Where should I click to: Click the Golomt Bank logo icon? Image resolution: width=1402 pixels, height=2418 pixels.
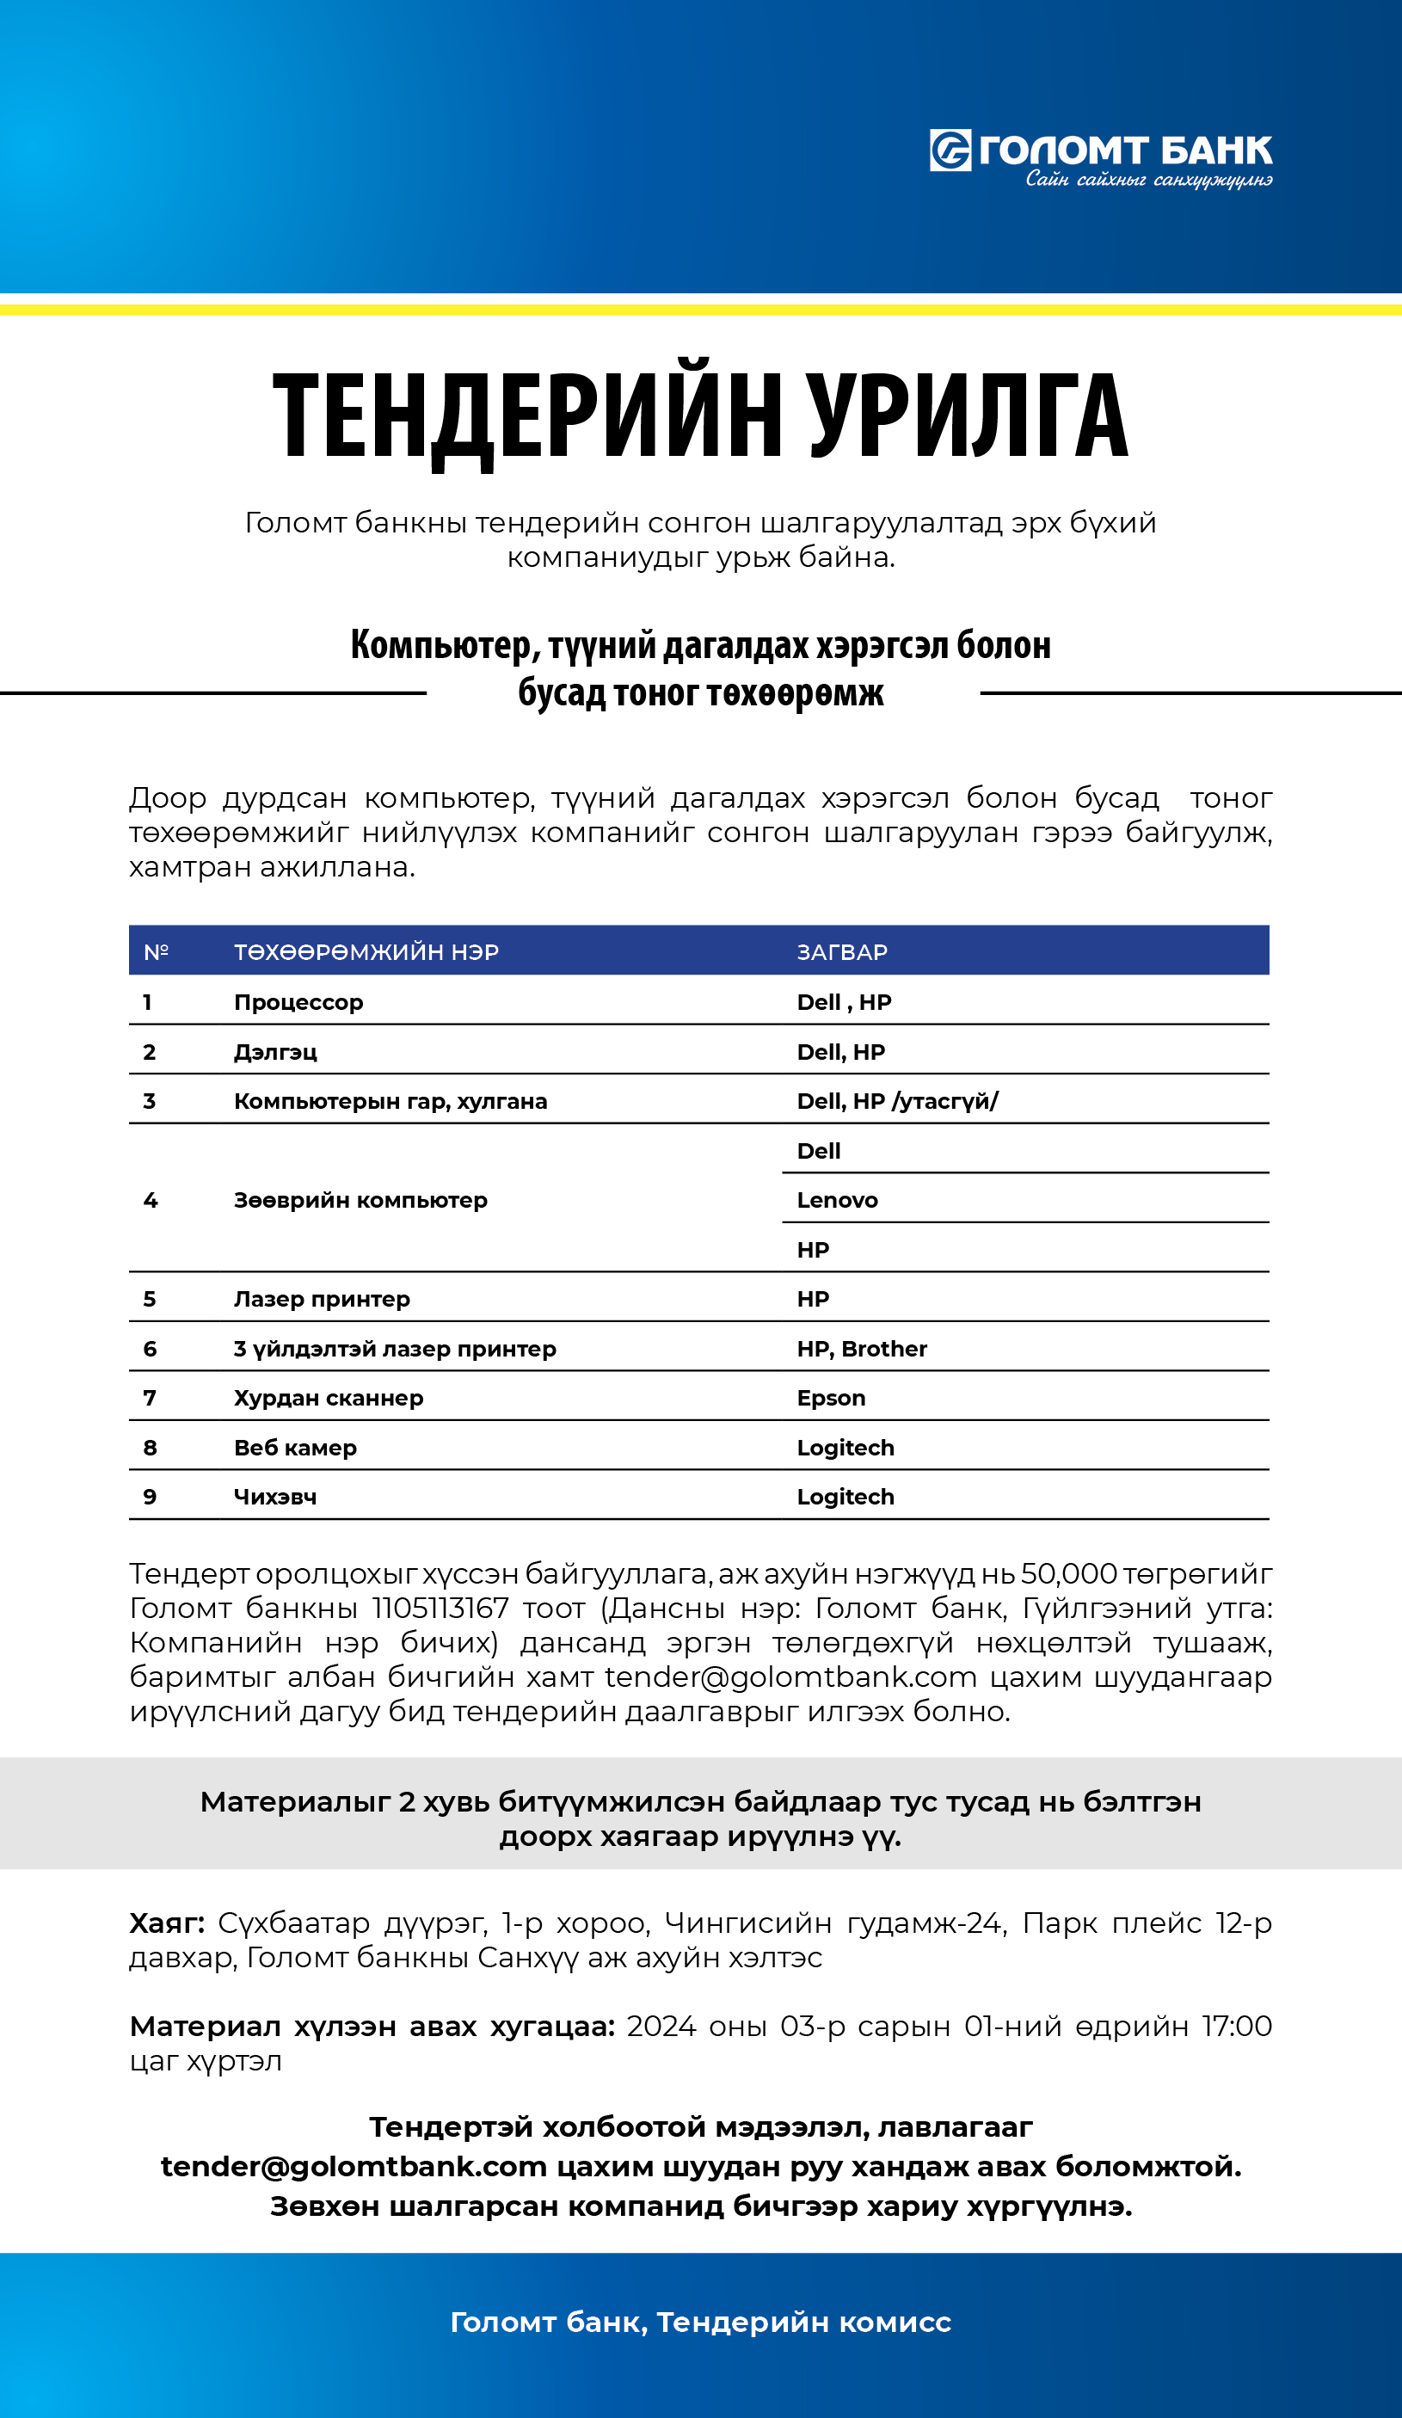coord(950,151)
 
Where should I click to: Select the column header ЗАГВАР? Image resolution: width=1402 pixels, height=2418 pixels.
coord(841,952)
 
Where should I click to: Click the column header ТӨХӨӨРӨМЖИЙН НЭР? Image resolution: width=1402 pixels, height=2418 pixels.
coord(366,952)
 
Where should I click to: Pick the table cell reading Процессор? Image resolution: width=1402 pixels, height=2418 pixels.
coord(298,1002)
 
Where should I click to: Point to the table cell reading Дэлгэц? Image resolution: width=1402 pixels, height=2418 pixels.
coord(275,1052)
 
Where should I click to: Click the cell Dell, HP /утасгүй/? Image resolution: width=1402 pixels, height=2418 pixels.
coord(897,1100)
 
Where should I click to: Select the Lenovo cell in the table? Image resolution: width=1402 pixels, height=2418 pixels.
coord(837,1199)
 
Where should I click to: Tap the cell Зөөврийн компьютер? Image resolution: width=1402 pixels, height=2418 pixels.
coord(360,1199)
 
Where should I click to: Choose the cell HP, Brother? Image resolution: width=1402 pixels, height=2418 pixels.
coord(862,1348)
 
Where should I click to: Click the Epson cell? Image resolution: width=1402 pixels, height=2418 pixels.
coord(831,1397)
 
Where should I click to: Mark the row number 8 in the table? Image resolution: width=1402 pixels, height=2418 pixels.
coord(150,1447)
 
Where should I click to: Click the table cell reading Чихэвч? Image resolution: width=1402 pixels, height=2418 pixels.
coord(275,1496)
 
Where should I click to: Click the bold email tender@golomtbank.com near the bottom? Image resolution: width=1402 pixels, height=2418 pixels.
coord(354,2166)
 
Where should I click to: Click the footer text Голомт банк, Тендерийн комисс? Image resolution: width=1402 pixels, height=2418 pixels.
coord(700,2322)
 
